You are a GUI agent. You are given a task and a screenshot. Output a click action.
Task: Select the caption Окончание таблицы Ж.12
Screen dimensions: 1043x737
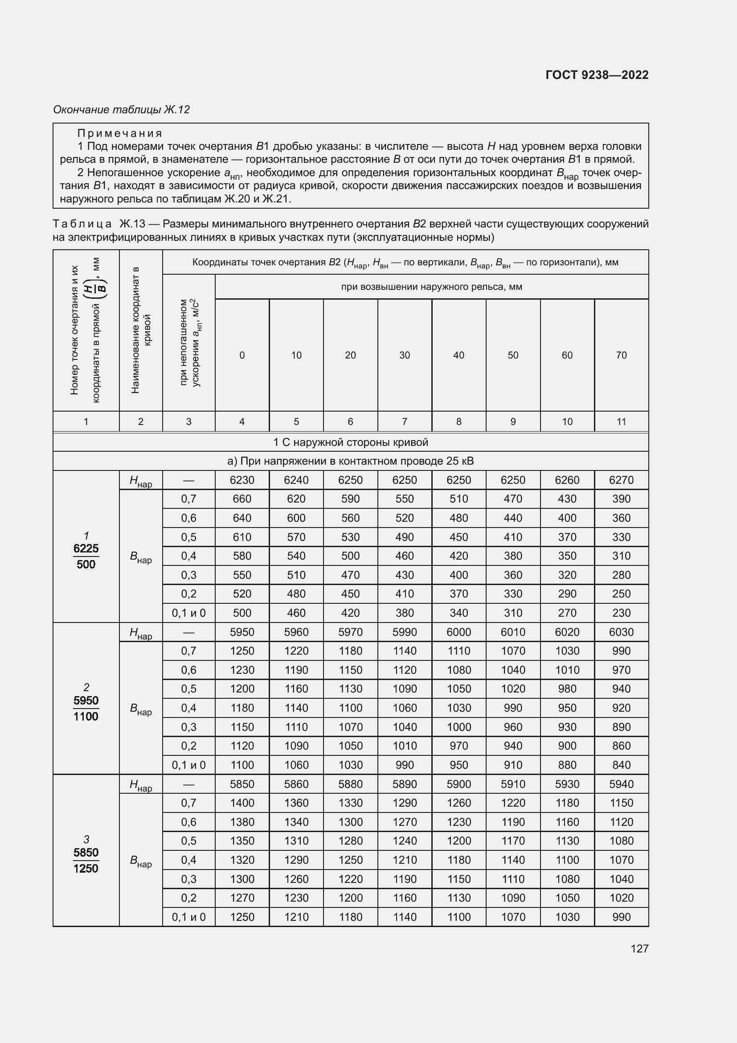click(121, 110)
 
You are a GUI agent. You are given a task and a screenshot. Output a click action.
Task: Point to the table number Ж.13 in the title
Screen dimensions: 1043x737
click(132, 224)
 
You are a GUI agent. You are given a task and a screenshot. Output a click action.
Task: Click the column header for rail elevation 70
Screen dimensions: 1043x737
click(621, 355)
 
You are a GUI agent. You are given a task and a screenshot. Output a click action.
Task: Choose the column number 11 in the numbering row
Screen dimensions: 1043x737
click(621, 421)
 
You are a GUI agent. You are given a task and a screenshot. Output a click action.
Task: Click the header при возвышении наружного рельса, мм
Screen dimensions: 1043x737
click(431, 287)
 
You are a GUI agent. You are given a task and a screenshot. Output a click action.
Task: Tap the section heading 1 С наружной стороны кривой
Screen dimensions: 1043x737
click(350, 442)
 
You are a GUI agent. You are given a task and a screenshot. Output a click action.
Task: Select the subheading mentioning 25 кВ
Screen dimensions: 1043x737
click(350, 461)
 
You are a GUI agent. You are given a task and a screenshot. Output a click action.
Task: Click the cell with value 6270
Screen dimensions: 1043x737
click(621, 480)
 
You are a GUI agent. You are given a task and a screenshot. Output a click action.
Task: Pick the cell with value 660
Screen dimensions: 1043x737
click(242, 499)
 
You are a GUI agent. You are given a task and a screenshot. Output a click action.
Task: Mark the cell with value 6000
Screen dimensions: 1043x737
click(459, 632)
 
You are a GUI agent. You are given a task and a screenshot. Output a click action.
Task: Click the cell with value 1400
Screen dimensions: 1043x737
click(242, 803)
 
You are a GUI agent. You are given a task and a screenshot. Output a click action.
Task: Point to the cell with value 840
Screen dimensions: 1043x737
click(621, 765)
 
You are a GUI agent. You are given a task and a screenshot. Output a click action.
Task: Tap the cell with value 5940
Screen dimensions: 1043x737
click(621, 783)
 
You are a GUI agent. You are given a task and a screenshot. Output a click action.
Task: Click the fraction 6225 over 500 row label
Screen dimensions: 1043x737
click(86, 556)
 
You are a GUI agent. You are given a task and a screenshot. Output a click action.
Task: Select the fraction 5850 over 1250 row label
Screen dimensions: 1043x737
click(86, 860)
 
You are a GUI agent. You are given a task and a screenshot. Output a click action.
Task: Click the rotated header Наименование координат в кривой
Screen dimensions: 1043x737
click(141, 330)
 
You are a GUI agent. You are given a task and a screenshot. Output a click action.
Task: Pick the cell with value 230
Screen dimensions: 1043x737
click(621, 613)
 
